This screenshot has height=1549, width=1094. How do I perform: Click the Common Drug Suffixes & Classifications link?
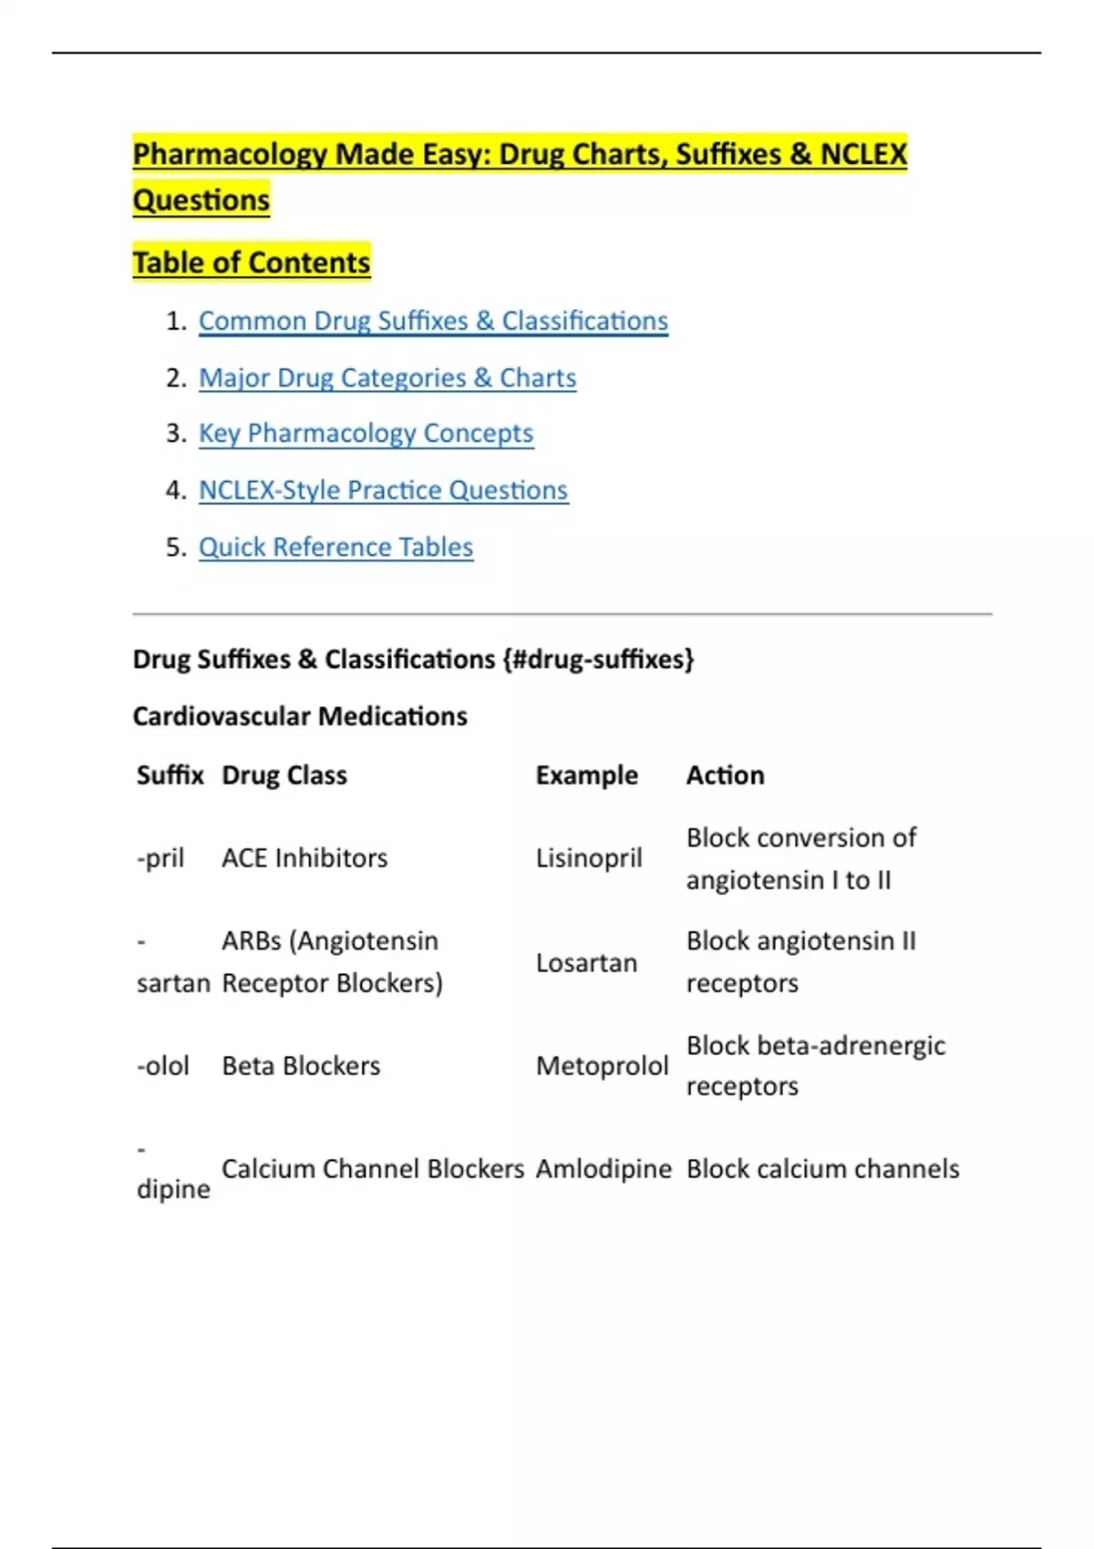click(x=433, y=321)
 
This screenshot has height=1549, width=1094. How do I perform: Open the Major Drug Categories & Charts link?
click(x=387, y=377)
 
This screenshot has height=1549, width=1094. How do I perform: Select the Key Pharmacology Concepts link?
click(x=366, y=434)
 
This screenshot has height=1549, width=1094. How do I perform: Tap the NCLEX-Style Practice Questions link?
click(x=383, y=490)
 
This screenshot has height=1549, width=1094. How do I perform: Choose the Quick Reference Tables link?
click(x=335, y=547)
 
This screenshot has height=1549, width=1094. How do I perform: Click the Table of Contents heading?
click(x=252, y=262)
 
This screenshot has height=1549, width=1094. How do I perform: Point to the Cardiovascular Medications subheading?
click(x=300, y=716)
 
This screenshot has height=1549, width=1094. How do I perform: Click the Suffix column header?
click(x=170, y=774)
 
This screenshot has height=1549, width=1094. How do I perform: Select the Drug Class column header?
click(x=284, y=774)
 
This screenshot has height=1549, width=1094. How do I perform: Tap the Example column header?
click(x=586, y=774)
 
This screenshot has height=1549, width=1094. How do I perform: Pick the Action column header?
click(x=725, y=774)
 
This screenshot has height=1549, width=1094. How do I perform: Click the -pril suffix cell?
click(x=160, y=857)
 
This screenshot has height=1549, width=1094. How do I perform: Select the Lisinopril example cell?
click(x=589, y=857)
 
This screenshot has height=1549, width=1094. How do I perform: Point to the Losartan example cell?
click(x=586, y=962)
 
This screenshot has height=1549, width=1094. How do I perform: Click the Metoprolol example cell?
click(x=602, y=1065)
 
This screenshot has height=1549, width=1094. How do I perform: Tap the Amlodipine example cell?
click(x=603, y=1169)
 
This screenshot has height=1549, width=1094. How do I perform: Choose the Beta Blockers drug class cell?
click(x=301, y=1065)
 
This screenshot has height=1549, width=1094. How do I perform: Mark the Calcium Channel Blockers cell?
click(x=372, y=1169)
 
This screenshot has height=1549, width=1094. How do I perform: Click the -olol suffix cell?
click(x=163, y=1065)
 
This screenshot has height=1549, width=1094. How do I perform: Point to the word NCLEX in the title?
click(x=863, y=154)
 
